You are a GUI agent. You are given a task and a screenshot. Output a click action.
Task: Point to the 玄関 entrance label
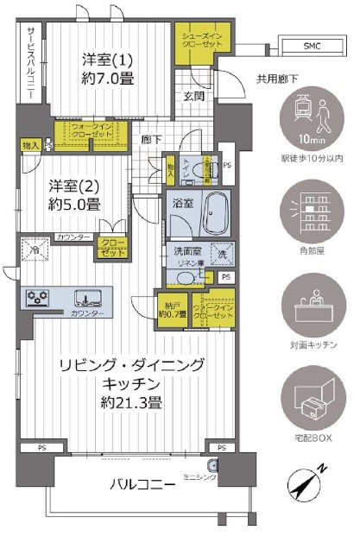click(193, 98)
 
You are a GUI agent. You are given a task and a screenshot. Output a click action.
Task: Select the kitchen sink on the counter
click(89, 300)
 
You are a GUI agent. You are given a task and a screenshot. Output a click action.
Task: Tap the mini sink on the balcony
click(212, 470)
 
